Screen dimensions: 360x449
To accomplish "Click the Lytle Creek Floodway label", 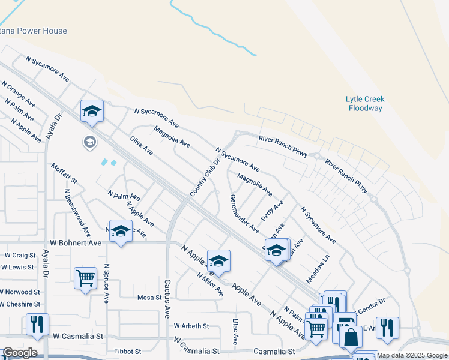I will click(365, 104).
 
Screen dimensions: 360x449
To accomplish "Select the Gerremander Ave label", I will click(244, 214).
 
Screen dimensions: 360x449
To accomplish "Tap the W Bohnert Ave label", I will click(76, 243).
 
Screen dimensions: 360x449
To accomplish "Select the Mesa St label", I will click(150, 297).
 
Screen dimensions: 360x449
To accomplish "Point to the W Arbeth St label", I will click(191, 326).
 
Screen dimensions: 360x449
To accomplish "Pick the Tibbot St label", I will click(127, 351).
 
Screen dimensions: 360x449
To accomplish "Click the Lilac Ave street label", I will click(235, 331).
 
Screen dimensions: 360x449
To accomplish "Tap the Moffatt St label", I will click(64, 173).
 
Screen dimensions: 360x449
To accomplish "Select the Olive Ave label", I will click(142, 145).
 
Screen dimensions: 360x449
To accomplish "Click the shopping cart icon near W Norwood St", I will click(85, 278).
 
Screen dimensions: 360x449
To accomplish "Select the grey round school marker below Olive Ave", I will click(89, 142).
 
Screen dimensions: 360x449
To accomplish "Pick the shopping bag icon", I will click(351, 337).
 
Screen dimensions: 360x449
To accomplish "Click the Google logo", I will click(19, 353).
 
